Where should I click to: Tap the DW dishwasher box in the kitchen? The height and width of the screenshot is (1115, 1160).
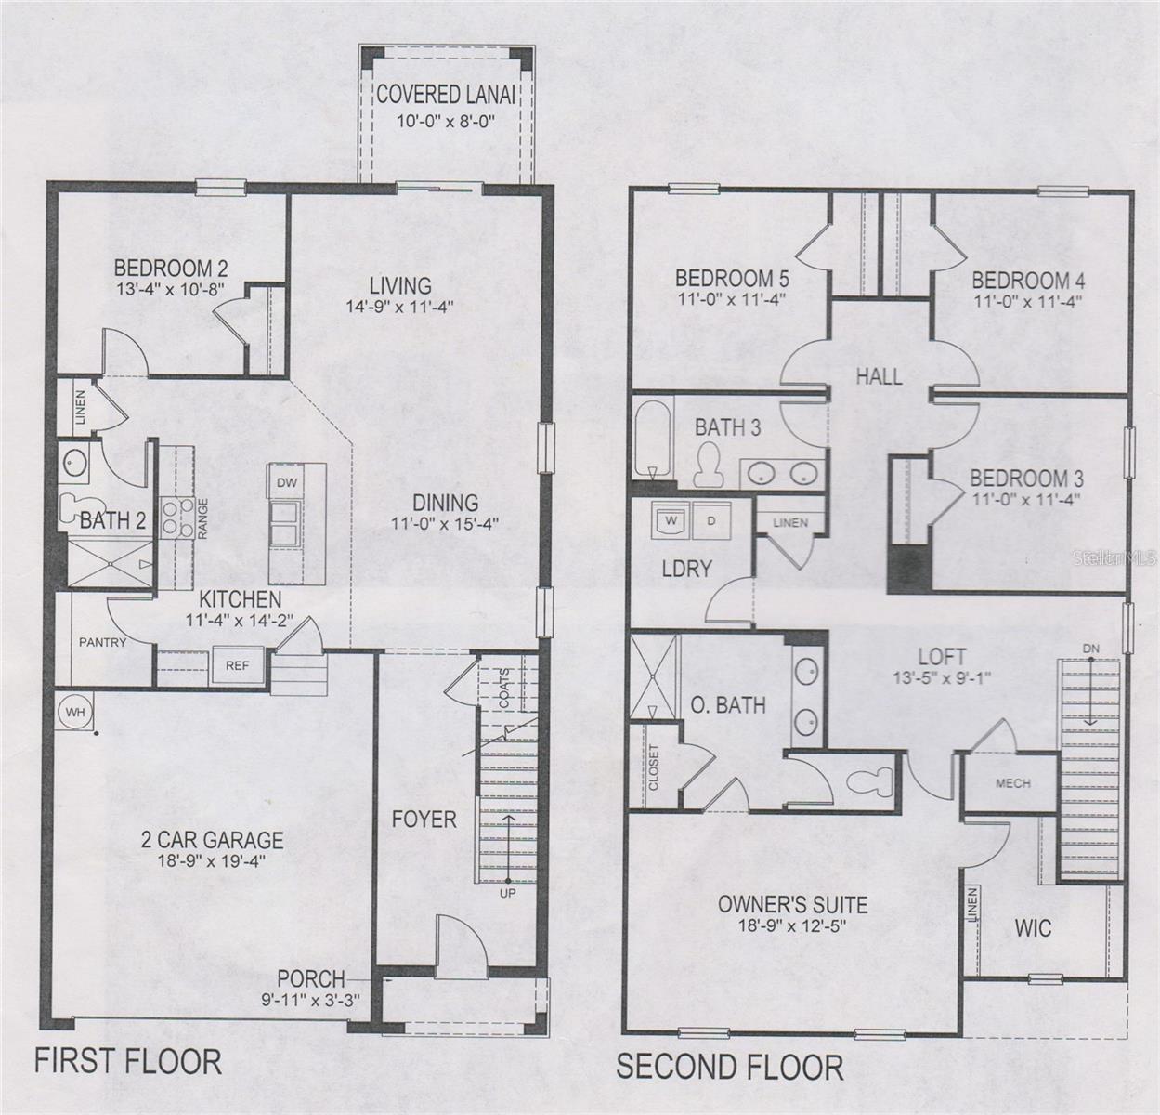tap(286, 482)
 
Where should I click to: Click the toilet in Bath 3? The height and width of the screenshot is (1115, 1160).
tap(710, 465)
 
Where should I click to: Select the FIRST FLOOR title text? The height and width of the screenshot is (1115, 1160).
tap(128, 1060)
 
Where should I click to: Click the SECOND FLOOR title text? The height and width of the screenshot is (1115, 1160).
tap(730, 1067)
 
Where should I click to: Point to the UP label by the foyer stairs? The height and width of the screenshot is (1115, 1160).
tap(508, 894)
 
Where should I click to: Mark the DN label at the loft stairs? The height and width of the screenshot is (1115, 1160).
tap(1090, 648)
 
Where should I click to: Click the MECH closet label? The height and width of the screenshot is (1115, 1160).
tap(1012, 783)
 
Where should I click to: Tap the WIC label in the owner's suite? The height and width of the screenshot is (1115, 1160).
tap(1033, 927)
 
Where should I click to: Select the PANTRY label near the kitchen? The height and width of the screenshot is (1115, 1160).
tap(103, 642)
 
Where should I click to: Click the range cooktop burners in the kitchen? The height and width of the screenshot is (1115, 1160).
tap(173, 518)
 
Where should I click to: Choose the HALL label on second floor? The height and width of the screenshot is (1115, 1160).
tap(879, 376)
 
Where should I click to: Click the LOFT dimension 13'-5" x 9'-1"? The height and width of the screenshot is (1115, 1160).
tap(942, 678)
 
